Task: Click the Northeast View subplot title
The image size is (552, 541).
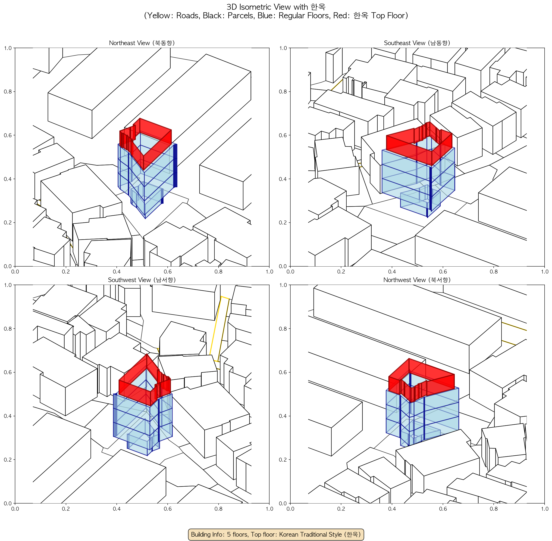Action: (142, 43)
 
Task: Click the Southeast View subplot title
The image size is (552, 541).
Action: (417, 43)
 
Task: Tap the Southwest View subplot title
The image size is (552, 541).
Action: (142, 280)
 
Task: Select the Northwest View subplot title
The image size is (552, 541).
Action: (417, 280)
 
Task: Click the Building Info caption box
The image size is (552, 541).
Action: (276, 534)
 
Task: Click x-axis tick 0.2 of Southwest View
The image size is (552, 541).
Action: (66, 509)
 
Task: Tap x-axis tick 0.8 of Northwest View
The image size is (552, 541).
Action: (494, 509)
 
